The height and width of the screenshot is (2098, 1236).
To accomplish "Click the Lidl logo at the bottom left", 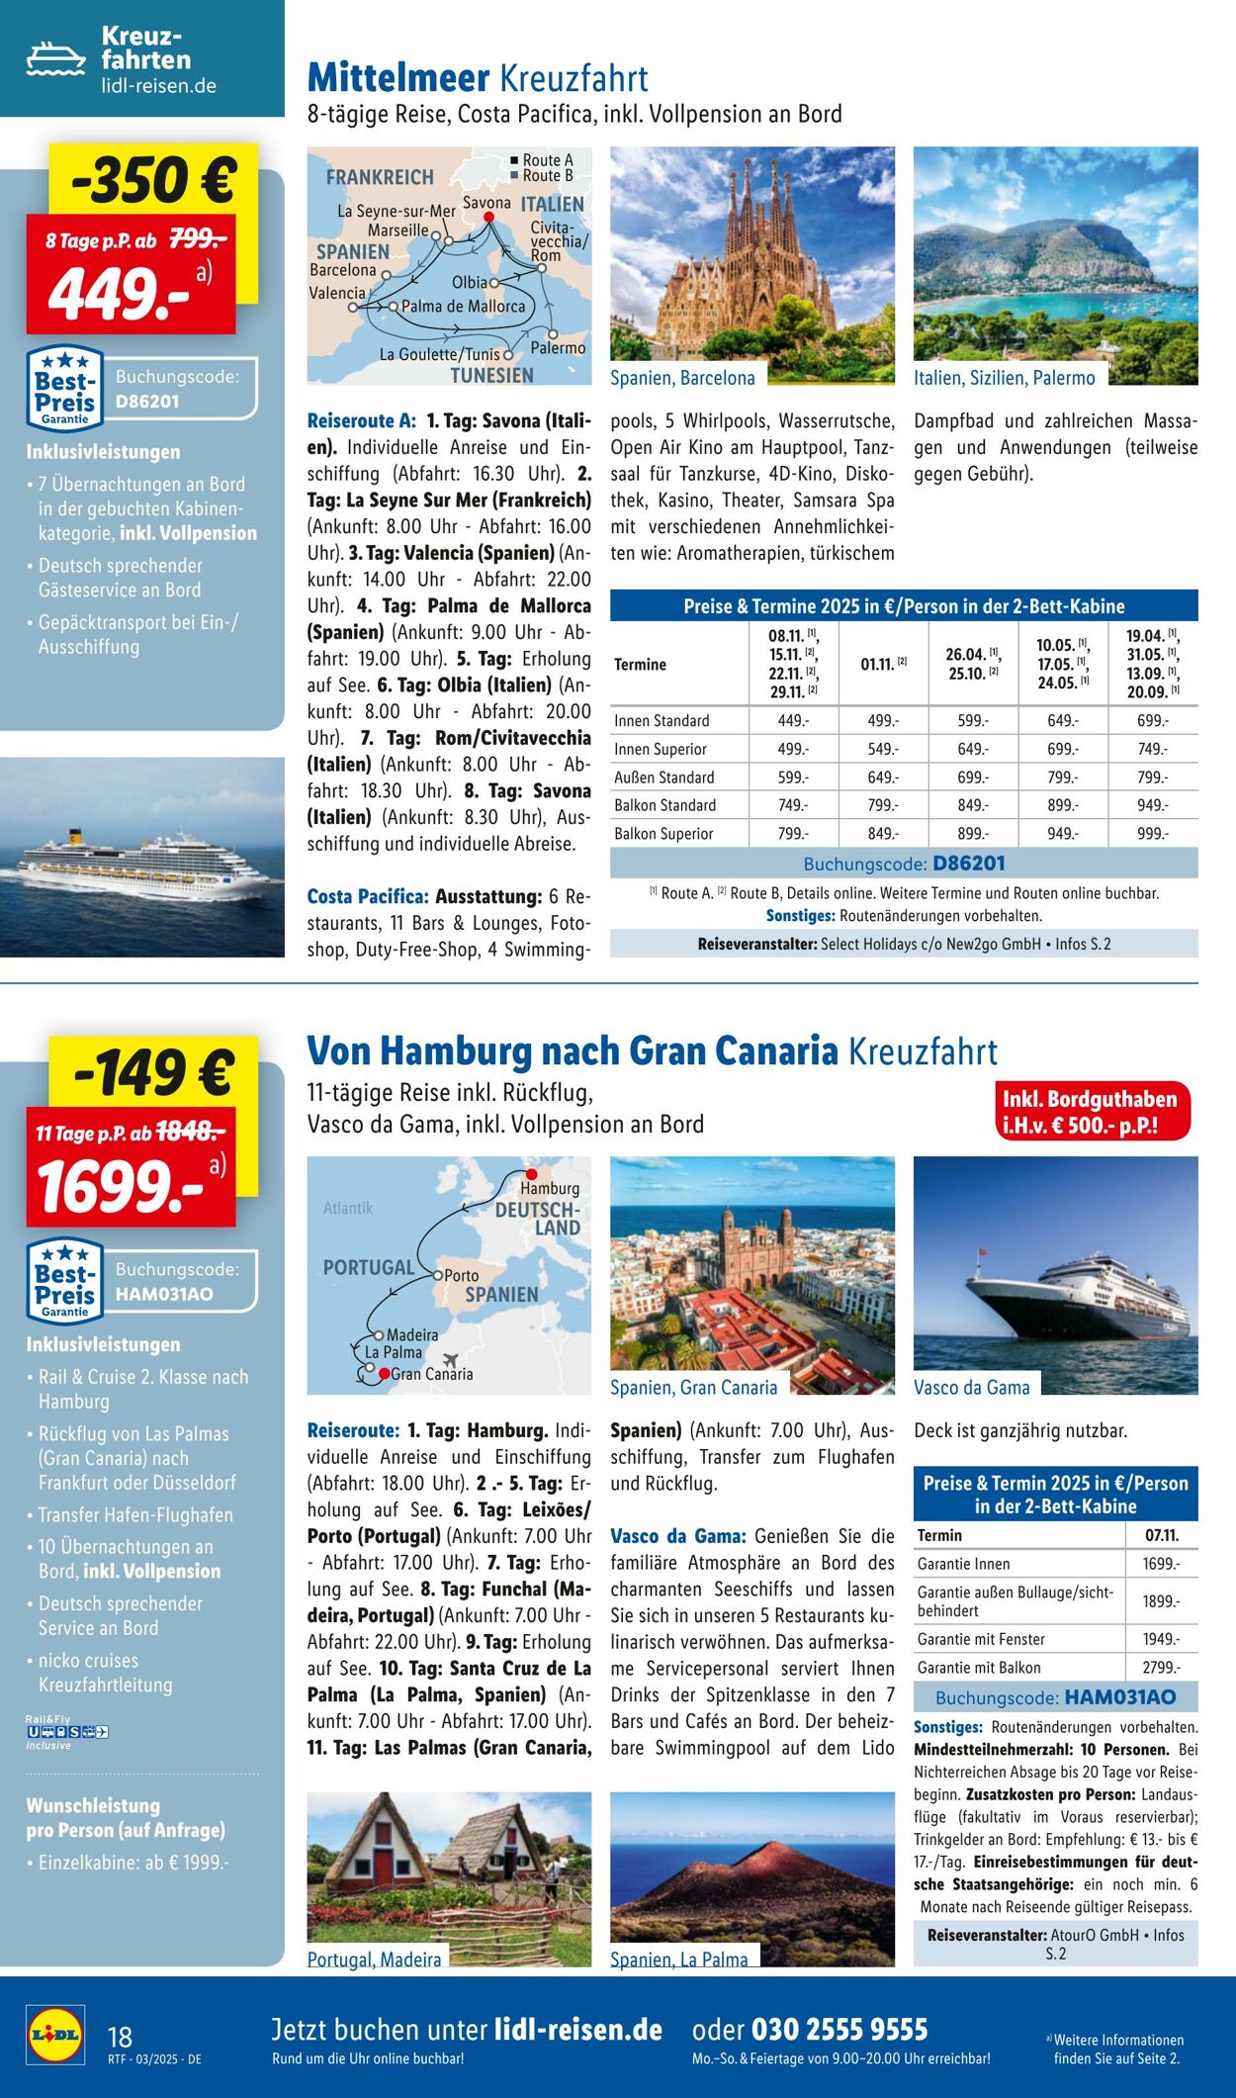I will [x=55, y=2035].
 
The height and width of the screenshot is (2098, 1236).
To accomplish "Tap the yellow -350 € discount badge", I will [x=153, y=180].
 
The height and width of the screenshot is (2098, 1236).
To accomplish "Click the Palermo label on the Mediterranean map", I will [x=558, y=348].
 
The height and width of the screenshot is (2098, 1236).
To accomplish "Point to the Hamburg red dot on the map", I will [x=531, y=1174].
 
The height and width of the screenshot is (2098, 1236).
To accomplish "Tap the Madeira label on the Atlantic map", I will [x=412, y=1334].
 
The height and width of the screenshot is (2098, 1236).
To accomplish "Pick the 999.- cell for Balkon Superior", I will [x=1152, y=834].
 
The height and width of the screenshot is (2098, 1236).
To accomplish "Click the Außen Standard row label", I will [x=663, y=777].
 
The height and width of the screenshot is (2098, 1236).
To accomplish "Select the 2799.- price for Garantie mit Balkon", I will [x=1161, y=1667].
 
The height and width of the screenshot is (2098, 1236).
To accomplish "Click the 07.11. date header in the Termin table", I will [x=1161, y=1535].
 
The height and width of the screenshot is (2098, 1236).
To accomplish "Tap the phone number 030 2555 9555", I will [x=839, y=2030].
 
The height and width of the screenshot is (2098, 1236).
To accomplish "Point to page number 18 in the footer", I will [x=120, y=2037].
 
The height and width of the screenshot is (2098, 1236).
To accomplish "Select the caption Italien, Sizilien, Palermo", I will [x=1004, y=378].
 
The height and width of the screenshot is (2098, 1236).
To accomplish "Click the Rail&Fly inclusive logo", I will [x=66, y=1732].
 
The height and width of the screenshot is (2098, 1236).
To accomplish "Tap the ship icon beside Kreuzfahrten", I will [x=55, y=59].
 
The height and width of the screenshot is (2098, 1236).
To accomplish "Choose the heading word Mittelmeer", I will [x=398, y=78].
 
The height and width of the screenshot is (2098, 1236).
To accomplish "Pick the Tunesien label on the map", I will [x=491, y=375].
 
